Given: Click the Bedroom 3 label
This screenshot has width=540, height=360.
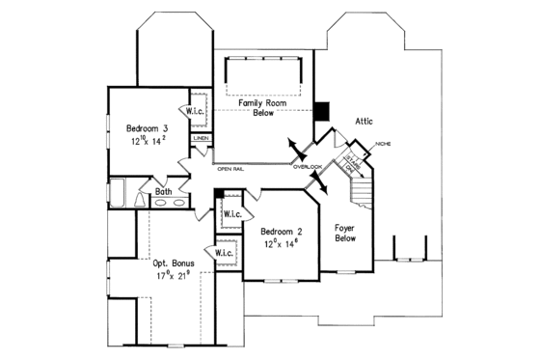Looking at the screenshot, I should (x=148, y=126).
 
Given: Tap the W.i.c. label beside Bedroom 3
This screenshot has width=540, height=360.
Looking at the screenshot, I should (x=199, y=109).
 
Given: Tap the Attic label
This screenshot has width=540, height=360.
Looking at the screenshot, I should (x=364, y=122).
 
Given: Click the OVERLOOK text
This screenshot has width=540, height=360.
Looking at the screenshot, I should (x=309, y=167).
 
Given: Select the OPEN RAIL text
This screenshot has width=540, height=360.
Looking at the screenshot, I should (x=230, y=169).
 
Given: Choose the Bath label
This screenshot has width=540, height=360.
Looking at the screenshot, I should (x=163, y=192).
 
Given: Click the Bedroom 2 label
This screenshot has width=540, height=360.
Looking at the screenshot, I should (x=280, y=231).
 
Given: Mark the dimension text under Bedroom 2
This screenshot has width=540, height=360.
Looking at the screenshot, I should (x=280, y=245).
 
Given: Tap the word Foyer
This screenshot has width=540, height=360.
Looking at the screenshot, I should (x=347, y=229).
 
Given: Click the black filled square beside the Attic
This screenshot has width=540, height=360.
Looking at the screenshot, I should (x=323, y=111).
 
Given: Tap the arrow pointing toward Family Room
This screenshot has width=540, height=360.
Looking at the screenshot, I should (x=291, y=146).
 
